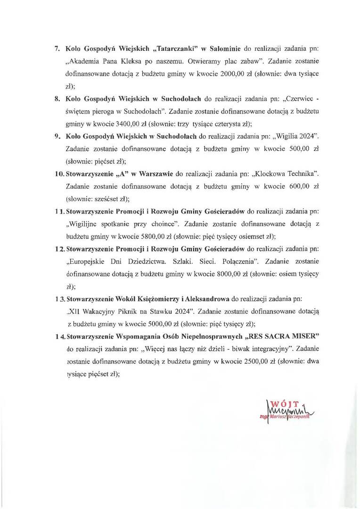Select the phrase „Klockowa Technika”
click(x=292, y=174)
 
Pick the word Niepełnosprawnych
click(x=213, y=336)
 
